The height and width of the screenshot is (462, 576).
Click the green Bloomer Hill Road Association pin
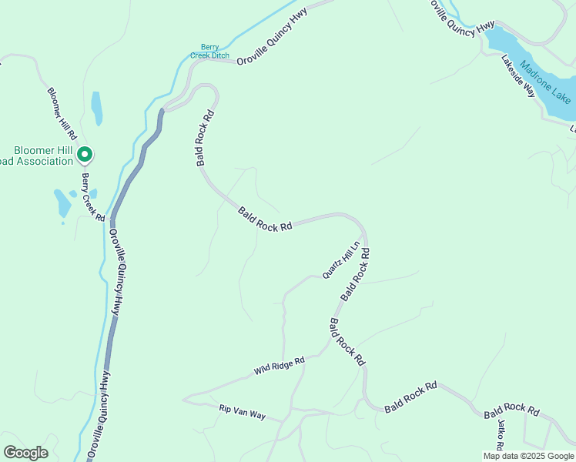pos(85,156)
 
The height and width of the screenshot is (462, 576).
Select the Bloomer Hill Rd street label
pos(60,112)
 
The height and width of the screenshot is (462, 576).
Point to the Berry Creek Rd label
pos(93,197)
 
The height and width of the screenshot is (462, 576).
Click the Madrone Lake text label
pos(544,82)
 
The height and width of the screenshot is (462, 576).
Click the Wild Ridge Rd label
pos(280,366)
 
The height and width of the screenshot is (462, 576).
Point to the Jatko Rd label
pos(501,436)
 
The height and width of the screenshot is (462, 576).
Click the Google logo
pos(25,452)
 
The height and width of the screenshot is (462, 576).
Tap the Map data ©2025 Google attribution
pos(527,456)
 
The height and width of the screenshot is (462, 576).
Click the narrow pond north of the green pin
pos(96,108)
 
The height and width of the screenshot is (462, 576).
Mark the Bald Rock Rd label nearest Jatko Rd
pos(511,410)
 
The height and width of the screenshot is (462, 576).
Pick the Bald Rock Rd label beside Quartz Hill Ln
pos(356,274)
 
